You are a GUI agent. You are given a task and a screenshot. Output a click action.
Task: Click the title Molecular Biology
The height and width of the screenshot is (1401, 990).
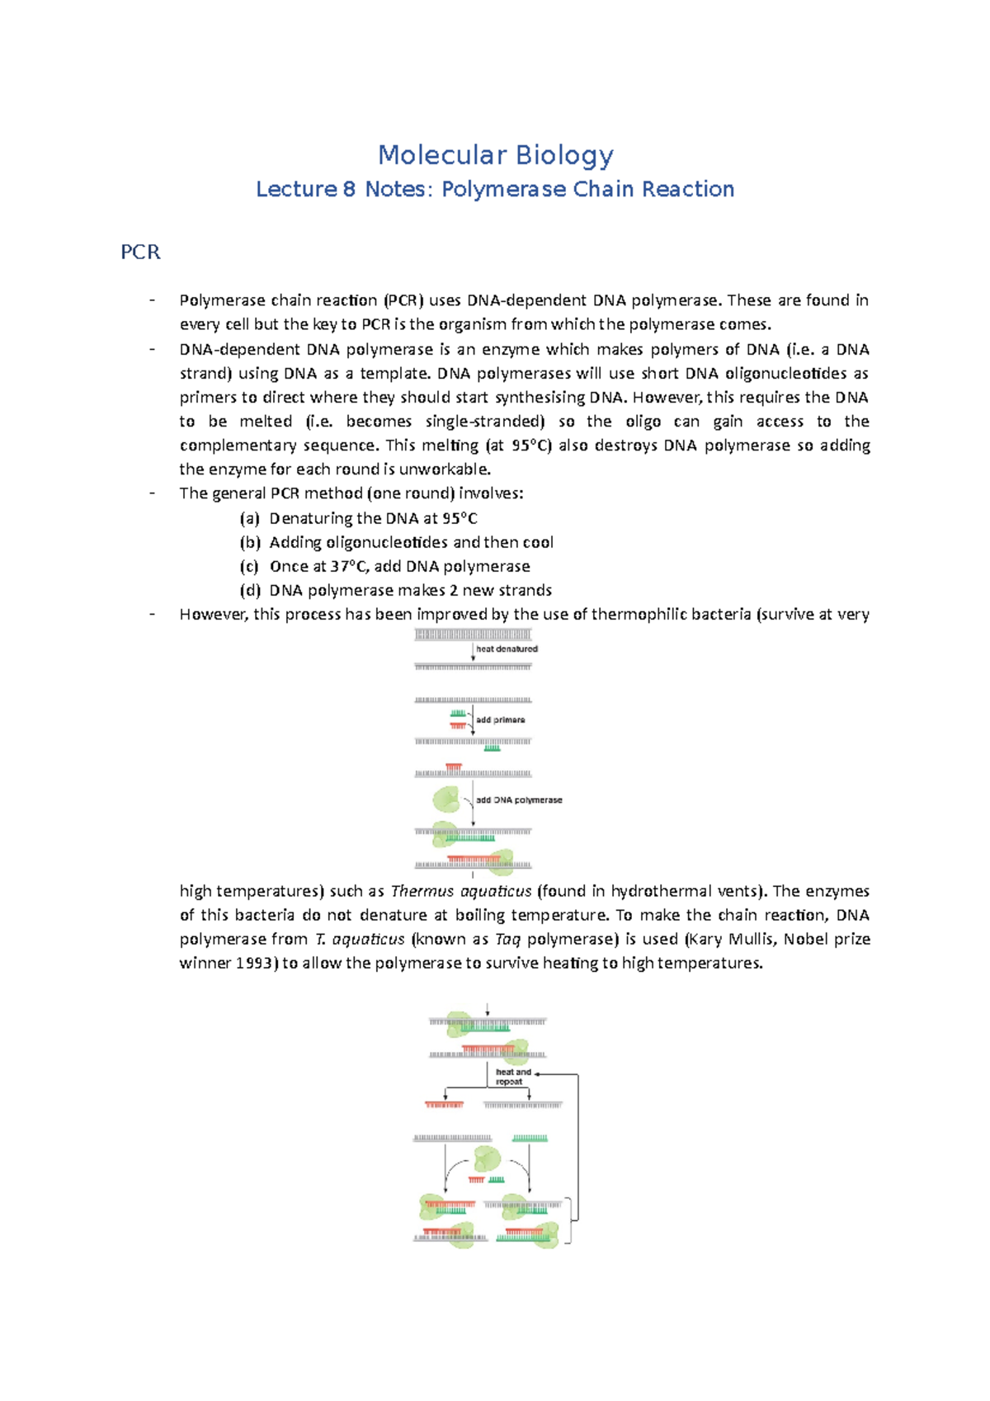(495, 155)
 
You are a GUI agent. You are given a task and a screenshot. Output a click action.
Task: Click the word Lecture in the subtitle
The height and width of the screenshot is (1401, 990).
(295, 190)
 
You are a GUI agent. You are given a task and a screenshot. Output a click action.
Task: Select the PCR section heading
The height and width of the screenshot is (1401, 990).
(140, 252)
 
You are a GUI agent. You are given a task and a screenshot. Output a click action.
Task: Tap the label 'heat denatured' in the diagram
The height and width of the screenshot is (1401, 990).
(507, 649)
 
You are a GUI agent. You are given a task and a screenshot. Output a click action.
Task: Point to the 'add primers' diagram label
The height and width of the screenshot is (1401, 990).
(500, 720)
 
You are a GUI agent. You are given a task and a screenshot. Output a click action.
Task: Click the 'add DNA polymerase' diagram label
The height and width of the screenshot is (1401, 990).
(519, 800)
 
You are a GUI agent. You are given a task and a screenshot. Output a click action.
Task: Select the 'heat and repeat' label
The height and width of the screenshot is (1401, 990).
(512, 1077)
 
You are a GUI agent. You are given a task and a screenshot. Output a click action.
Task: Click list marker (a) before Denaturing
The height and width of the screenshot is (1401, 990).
(249, 519)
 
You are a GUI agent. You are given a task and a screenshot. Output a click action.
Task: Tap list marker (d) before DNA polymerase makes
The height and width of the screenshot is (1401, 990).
(249, 591)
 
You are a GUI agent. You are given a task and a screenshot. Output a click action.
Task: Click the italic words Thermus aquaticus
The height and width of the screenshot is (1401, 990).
(461, 892)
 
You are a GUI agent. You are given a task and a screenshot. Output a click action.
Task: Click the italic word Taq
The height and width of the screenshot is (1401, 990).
(507, 940)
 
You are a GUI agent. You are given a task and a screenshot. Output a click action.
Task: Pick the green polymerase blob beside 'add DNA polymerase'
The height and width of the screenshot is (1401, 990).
(446, 799)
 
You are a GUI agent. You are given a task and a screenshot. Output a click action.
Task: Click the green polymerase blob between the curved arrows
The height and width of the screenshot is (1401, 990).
(486, 1159)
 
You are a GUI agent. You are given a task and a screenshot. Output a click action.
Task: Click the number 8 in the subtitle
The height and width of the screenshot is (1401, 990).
(349, 190)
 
